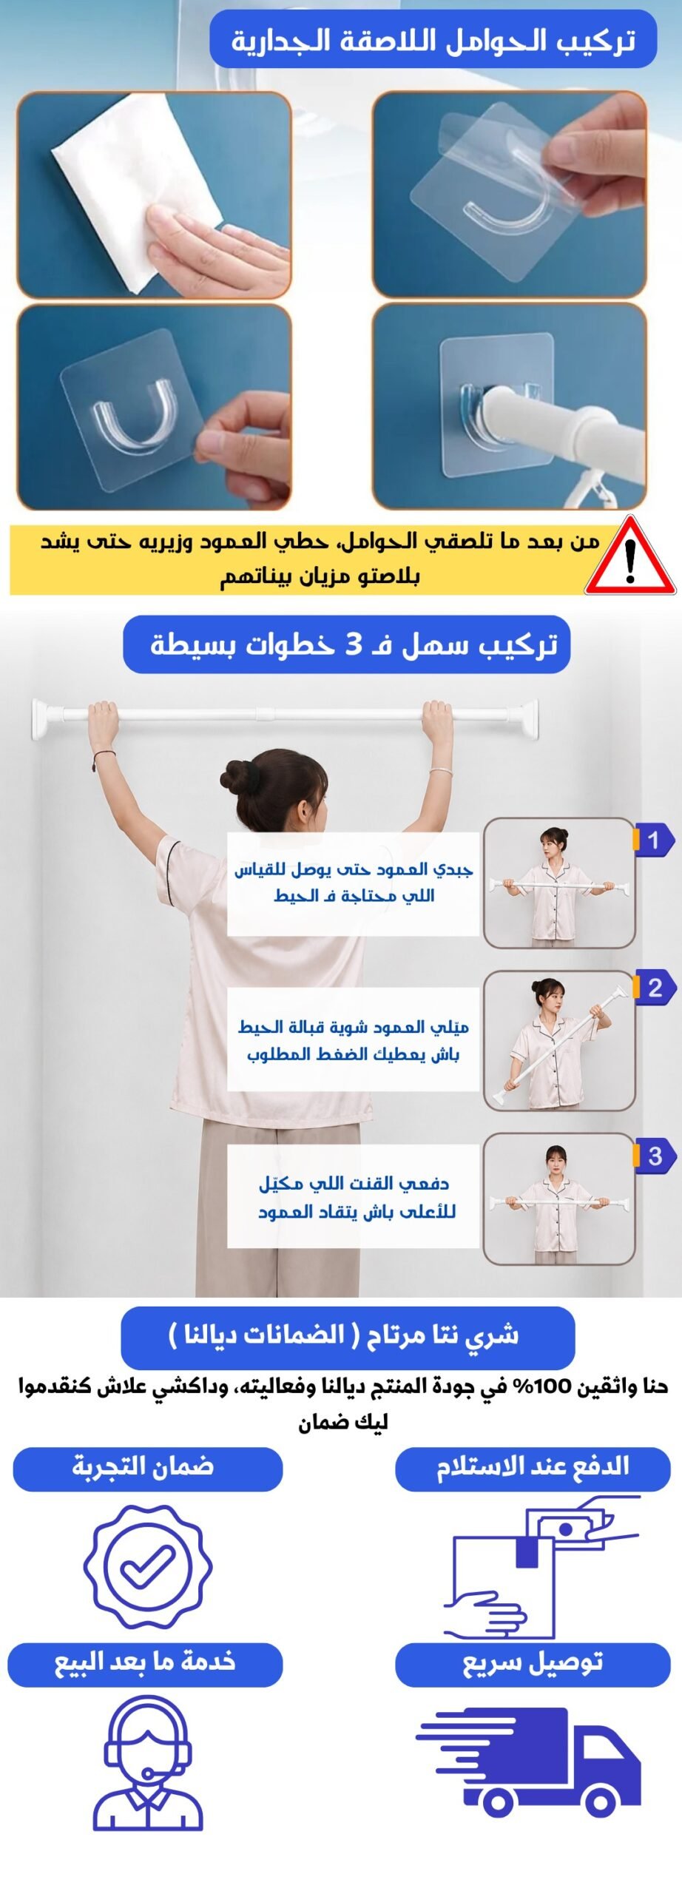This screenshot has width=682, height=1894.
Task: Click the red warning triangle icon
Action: coord(630,557)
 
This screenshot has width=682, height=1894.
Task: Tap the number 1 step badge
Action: coord(654,840)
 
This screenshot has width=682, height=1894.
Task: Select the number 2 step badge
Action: coord(654,988)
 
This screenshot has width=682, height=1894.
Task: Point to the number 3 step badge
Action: coord(654,1156)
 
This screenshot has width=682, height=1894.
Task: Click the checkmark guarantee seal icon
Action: coord(148,1566)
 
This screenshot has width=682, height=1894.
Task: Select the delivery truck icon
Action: coord(529,1762)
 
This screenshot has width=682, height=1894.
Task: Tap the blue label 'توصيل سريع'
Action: coord(533,1665)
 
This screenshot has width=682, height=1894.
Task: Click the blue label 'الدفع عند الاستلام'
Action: coord(533,1469)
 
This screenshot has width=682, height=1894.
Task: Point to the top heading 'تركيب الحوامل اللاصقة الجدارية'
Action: coord(433,40)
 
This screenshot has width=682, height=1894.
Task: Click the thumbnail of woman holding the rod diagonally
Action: coord(559,1041)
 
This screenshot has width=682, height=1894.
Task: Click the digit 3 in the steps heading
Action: coord(354,645)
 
